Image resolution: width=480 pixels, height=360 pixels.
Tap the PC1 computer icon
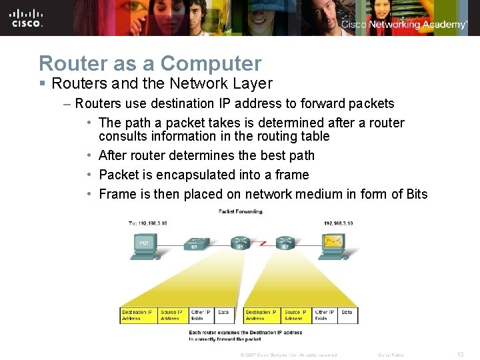point(143,243)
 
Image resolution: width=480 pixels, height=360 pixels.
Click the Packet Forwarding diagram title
point(241,211)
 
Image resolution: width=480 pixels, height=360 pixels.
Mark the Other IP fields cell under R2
point(325,315)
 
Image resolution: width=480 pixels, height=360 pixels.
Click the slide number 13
point(460,355)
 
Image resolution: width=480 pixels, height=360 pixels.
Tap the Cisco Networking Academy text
point(405,25)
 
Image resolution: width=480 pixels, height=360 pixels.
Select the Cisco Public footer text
point(390,355)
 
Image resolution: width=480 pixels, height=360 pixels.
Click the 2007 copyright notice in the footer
point(288,355)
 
